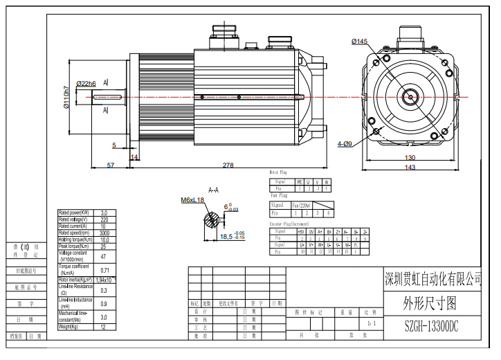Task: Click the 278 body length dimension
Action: pyautogui.click(x=228, y=165)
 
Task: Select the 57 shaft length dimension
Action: pyautogui.click(x=110, y=165)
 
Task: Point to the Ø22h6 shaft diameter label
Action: pyautogui.click(x=86, y=84)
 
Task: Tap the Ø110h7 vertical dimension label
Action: pyautogui.click(x=66, y=98)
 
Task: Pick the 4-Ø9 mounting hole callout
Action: pyautogui.click(x=345, y=144)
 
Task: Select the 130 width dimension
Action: pyautogui.click(x=410, y=158)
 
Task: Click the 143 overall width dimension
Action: pyautogui.click(x=410, y=168)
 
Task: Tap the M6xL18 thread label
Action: pyautogui.click(x=193, y=200)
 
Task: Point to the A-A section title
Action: pyautogui.click(x=214, y=188)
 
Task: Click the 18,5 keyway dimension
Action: pyautogui.click(x=227, y=236)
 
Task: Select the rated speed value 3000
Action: pyautogui.click(x=104, y=232)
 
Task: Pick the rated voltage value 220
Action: pyautogui.click(x=104, y=219)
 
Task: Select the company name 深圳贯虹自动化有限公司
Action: pyautogui.click(x=432, y=279)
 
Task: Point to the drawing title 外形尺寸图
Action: pyautogui.click(x=430, y=303)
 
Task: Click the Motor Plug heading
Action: pyautogui.click(x=278, y=172)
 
